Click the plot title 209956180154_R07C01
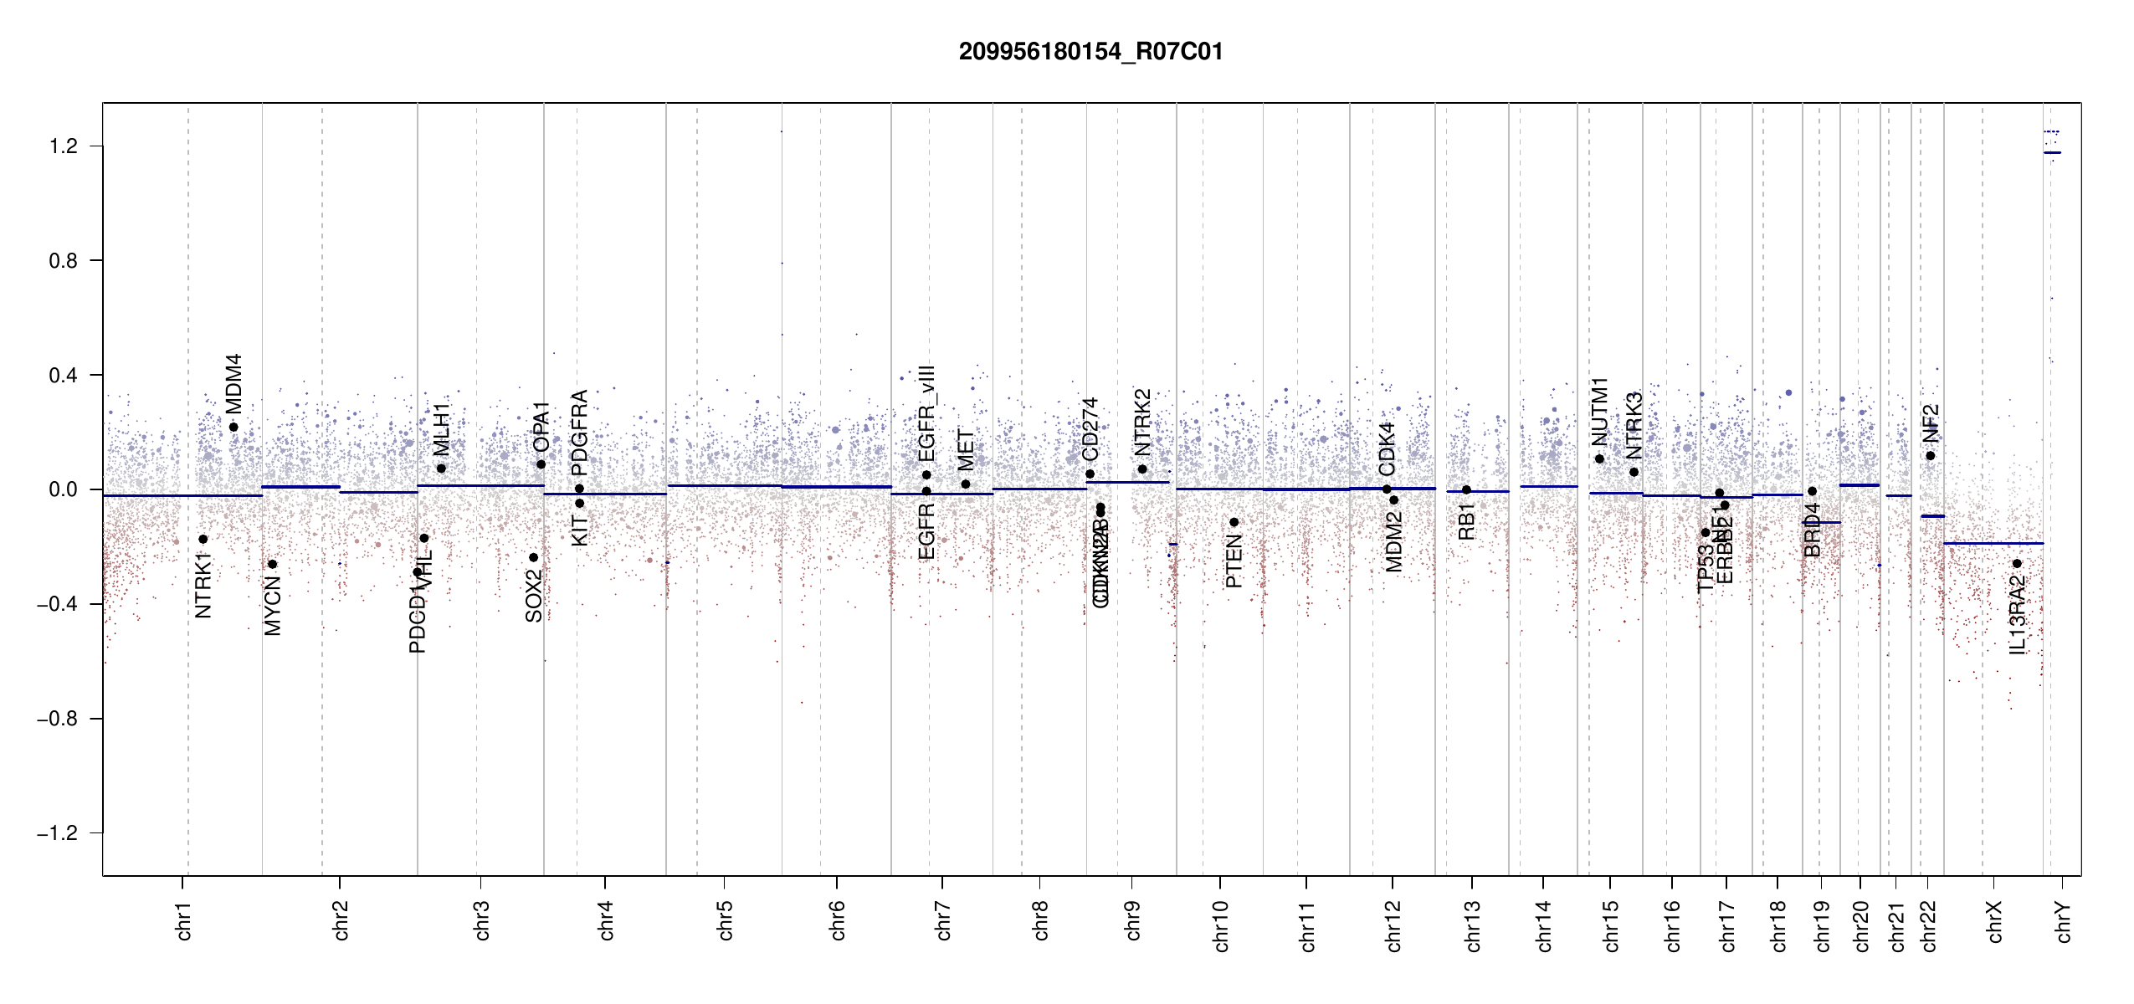pos(1090,52)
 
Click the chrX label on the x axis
pos(1994,921)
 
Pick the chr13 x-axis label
pos(1472,925)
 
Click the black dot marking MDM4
pos(233,427)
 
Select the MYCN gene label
pos(273,605)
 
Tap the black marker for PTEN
pos(1234,522)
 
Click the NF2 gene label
pos(1931,423)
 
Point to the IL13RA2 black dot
pos(2017,563)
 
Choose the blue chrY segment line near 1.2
pos(2052,152)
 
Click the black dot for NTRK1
pos(203,539)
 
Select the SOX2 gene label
pos(534,596)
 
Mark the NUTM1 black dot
pos(1599,458)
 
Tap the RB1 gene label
pos(1466,521)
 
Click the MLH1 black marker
pos(441,469)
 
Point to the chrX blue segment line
pos(1992,544)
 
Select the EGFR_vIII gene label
pos(926,413)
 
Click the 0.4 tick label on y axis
pos(63,375)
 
